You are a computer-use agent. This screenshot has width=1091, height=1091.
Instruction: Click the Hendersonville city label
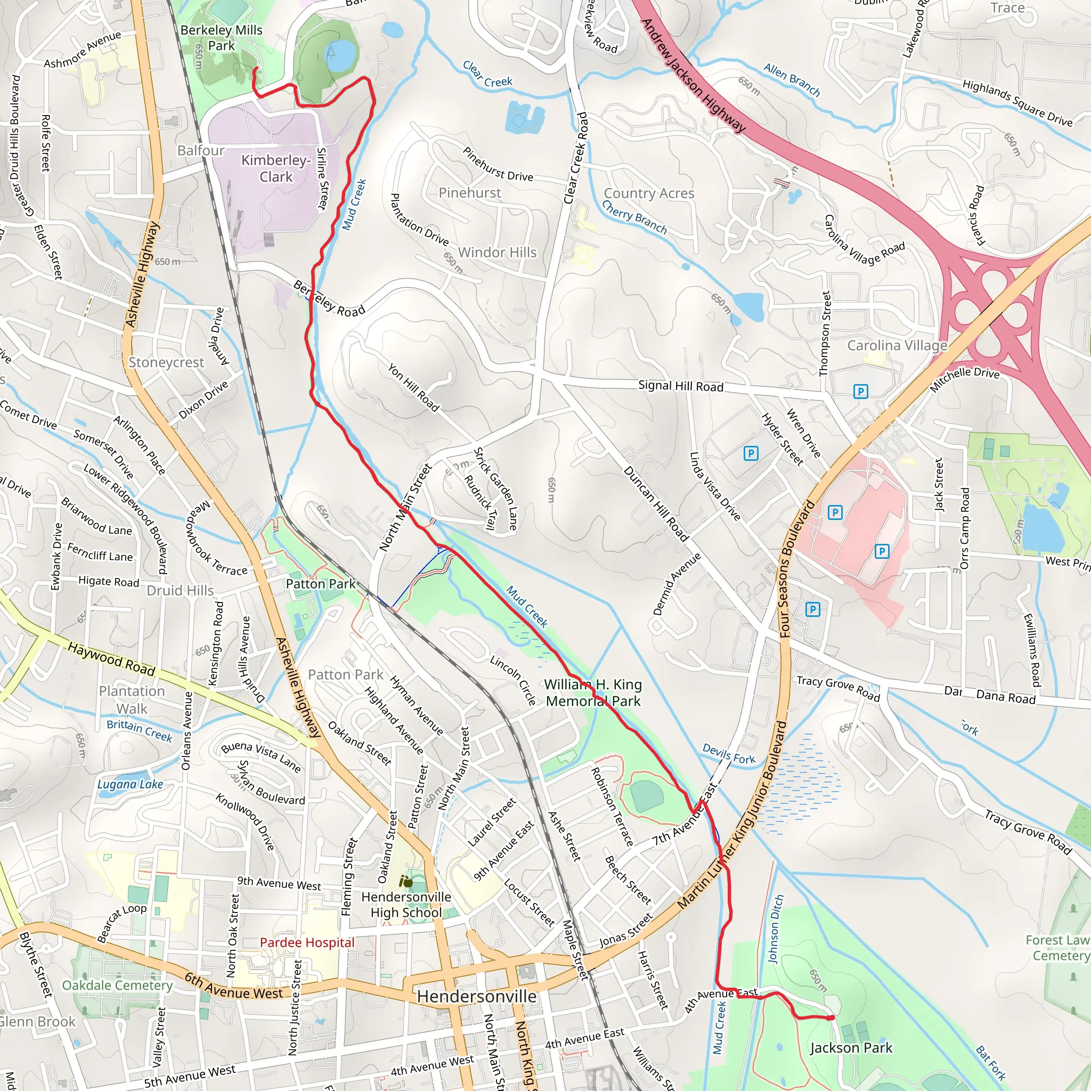tap(477, 996)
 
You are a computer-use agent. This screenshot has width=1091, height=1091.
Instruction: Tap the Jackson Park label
tap(850, 1047)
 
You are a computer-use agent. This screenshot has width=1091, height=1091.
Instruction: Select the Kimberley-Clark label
tap(275, 168)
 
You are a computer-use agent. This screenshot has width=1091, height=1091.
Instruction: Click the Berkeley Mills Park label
tap(222, 38)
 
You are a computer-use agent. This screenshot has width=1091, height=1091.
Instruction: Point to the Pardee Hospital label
tap(307, 942)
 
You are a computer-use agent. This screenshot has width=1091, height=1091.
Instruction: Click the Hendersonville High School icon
tap(405, 882)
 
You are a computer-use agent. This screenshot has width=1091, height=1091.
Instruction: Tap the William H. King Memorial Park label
tap(593, 693)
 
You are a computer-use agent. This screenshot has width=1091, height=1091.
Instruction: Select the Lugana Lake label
tap(130, 784)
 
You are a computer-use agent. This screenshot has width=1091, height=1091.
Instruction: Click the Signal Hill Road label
tap(680, 386)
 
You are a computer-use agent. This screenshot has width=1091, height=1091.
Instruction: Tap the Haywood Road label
tap(111, 658)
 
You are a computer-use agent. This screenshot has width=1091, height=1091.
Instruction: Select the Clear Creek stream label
tap(487, 75)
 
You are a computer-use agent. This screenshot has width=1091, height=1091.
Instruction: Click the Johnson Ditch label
tap(775, 929)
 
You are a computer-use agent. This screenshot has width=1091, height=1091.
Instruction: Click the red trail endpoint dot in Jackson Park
tap(831, 1017)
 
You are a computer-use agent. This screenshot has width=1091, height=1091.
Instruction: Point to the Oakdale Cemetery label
tap(117, 986)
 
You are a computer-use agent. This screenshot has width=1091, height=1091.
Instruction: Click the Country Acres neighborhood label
tap(649, 193)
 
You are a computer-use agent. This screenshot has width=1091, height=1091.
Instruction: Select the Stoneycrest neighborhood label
tap(166, 362)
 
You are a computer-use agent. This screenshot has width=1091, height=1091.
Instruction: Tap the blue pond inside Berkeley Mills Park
tap(341, 56)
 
